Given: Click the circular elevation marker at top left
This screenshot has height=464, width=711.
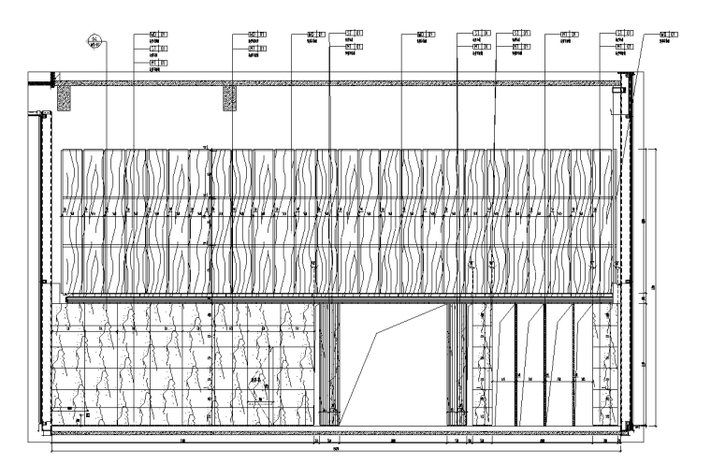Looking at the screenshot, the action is click(94, 39).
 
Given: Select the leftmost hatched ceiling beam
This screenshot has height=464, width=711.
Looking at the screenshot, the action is click(65, 97).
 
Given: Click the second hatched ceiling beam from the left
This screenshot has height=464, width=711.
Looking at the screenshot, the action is click(229, 97).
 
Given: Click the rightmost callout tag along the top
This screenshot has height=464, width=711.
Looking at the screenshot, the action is click(668, 34).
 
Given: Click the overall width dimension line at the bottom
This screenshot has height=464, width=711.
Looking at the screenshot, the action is click(337, 451).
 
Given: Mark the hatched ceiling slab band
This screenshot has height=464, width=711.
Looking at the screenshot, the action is click(337, 82).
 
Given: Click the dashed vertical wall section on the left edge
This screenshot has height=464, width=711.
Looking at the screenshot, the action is click(42, 271).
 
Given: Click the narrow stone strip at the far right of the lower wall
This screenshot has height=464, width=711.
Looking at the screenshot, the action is click(606, 365).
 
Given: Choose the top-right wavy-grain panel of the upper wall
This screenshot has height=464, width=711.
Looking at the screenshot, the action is click(602, 173).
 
